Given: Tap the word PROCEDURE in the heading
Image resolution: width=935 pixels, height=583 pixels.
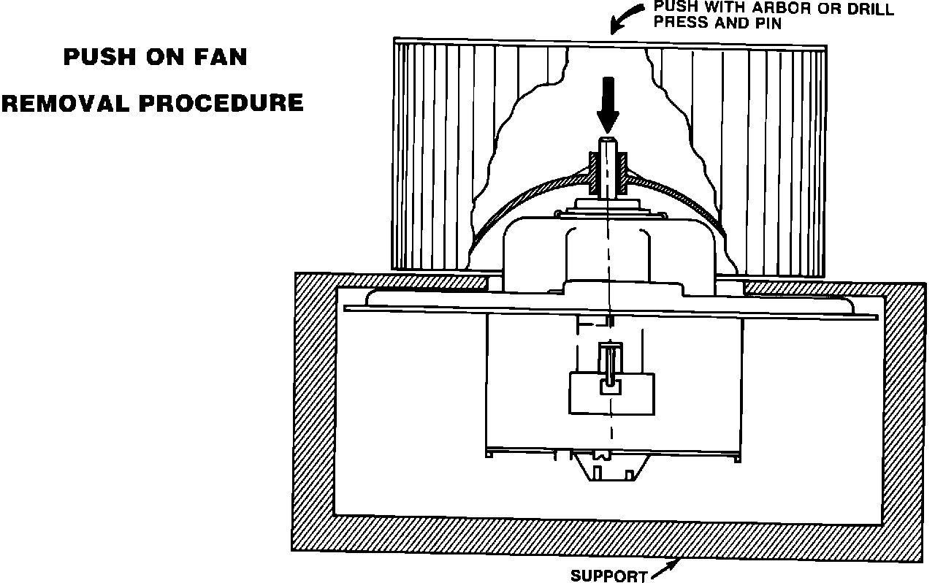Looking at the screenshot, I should (221, 103).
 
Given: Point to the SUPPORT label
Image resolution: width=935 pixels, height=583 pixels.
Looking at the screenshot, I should (608, 576).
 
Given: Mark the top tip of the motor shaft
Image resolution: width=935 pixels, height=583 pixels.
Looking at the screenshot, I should (607, 139).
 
